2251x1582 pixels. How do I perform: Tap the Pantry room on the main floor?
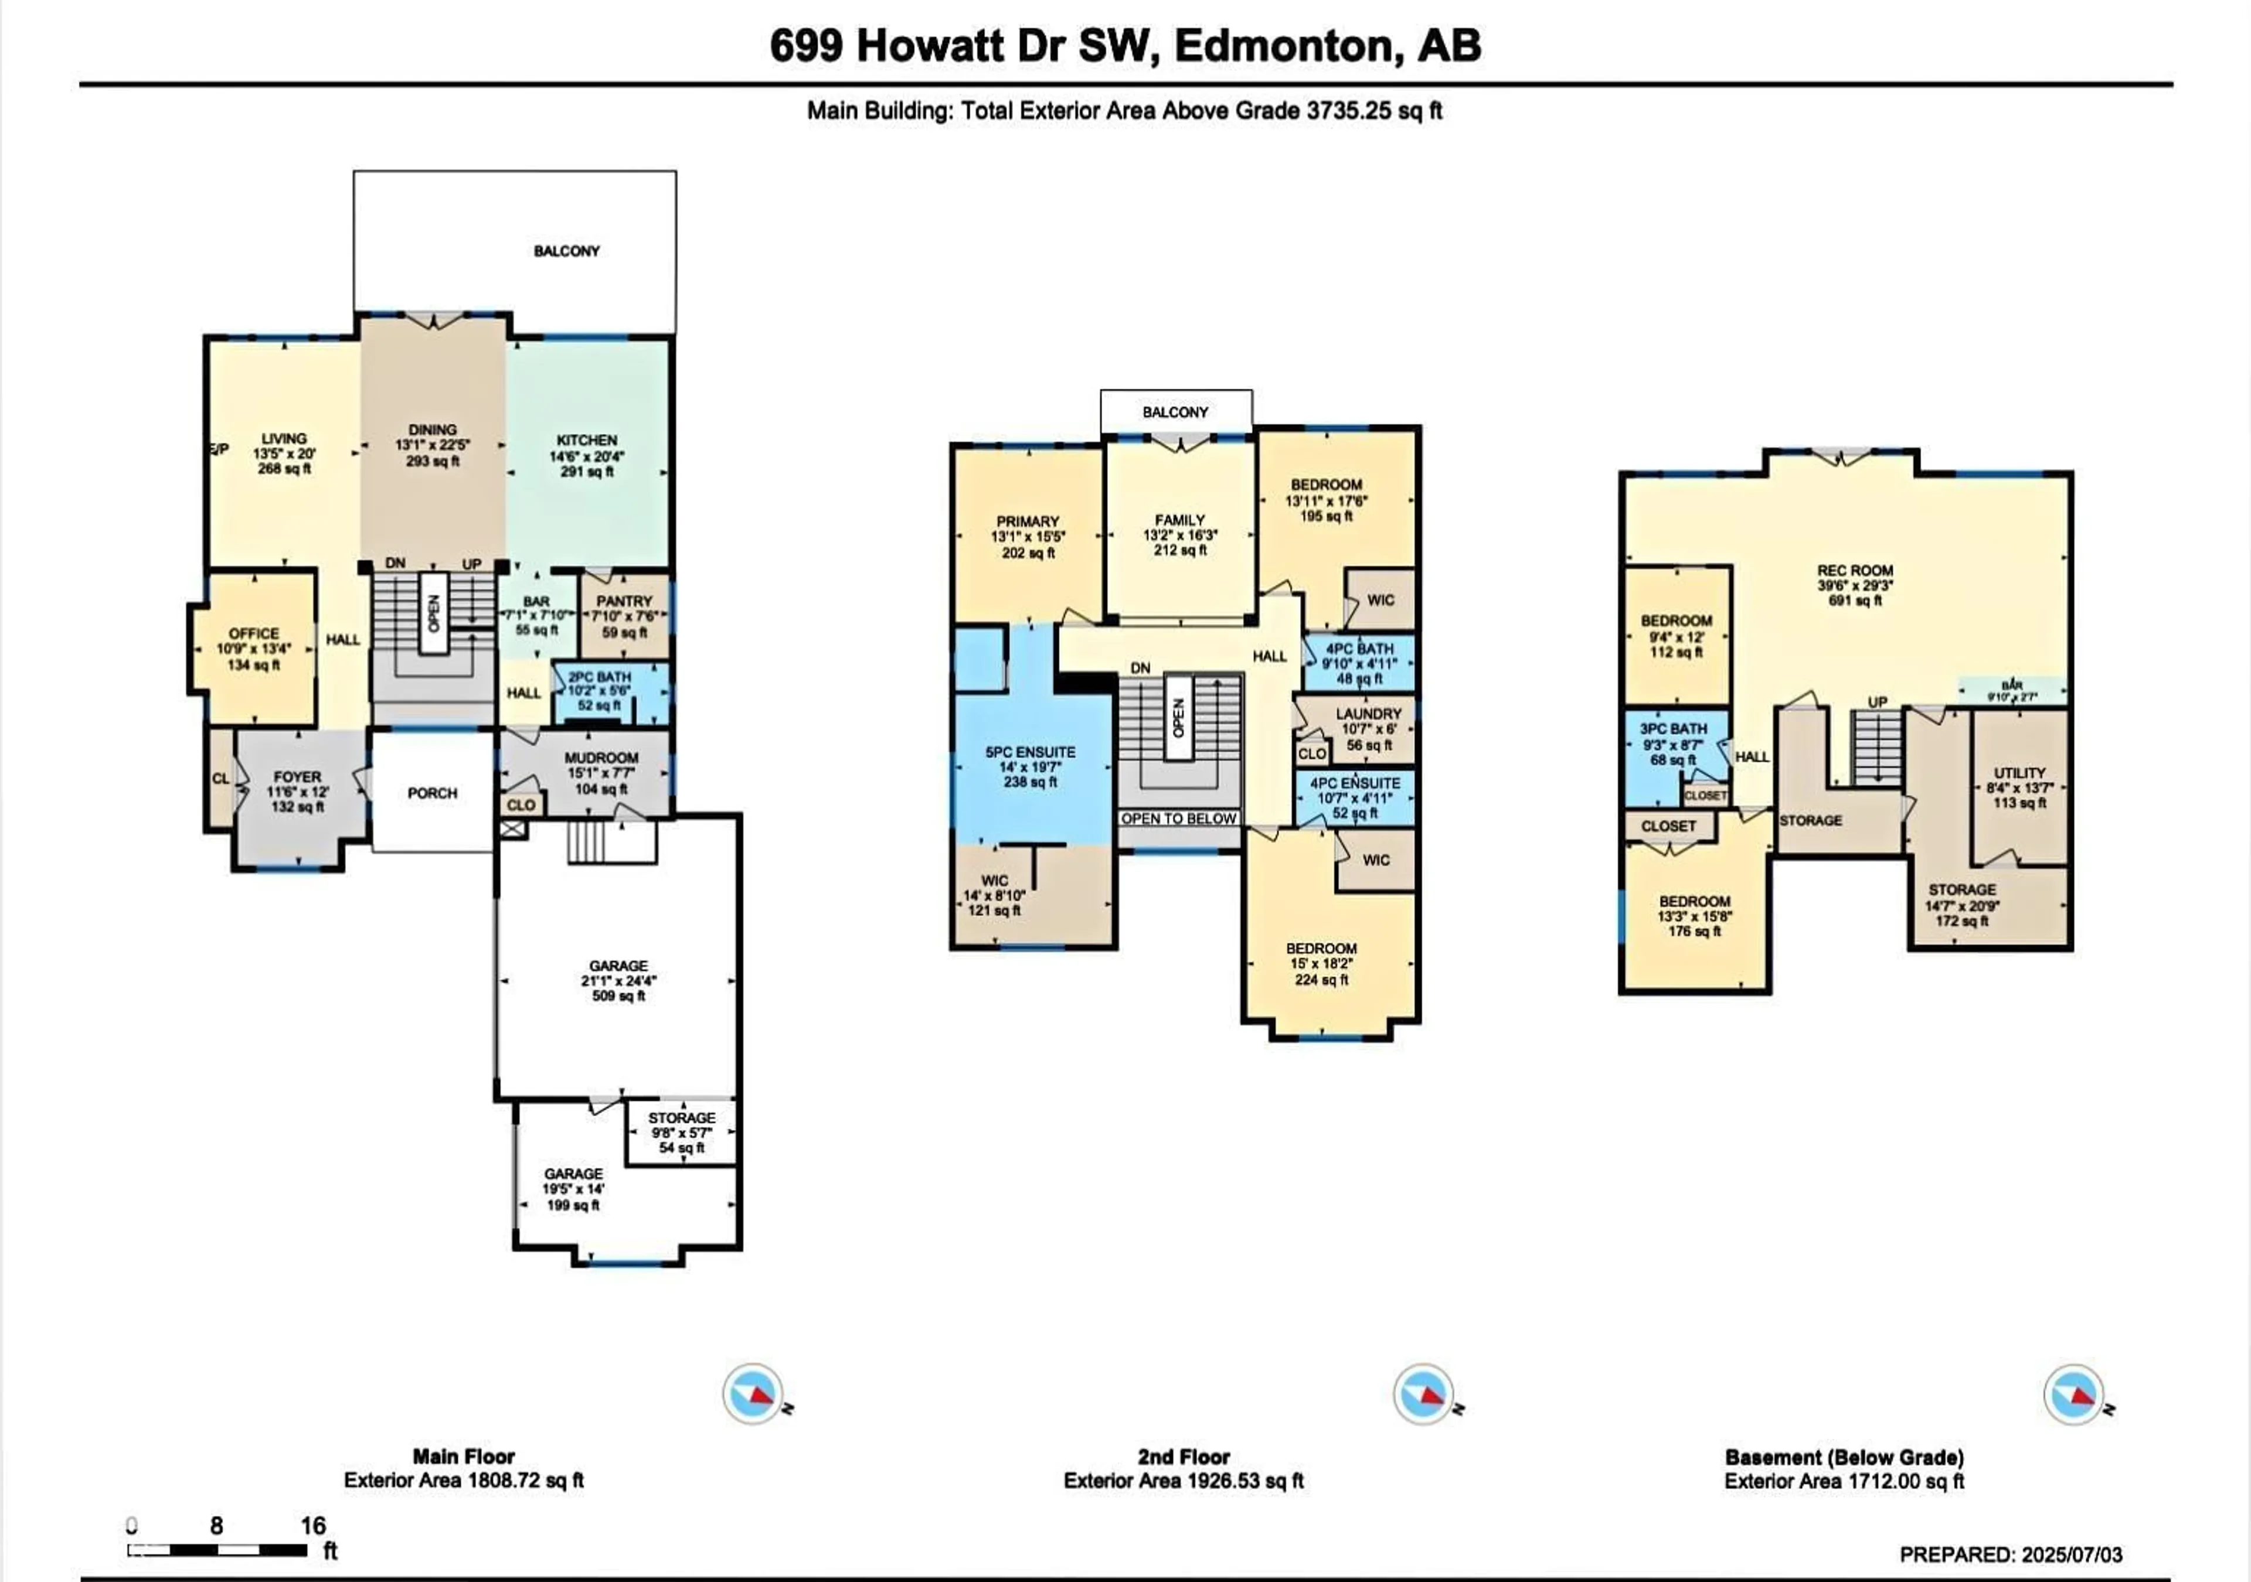tap(624, 616)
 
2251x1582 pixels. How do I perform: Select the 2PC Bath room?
tap(600, 690)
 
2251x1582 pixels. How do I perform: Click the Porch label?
tap(433, 793)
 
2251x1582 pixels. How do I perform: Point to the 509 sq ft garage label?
tap(618, 980)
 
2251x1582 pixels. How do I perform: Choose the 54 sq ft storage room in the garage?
tap(681, 1132)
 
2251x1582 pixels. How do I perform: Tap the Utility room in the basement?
tap(2019, 787)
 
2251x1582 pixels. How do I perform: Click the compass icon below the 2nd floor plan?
tap(1423, 1394)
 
